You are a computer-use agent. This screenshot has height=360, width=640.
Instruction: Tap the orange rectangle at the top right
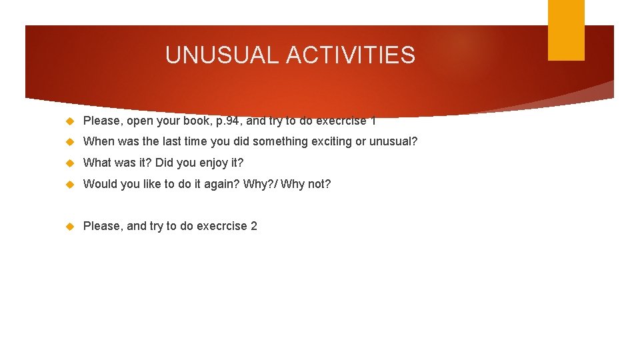coord(566,29)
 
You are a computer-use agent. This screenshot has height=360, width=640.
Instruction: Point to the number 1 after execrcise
coord(373,121)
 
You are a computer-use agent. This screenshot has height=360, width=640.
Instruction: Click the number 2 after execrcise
coord(253,226)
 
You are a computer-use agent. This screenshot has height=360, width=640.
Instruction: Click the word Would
coord(99,184)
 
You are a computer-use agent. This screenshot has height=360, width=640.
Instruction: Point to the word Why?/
coord(260,184)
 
